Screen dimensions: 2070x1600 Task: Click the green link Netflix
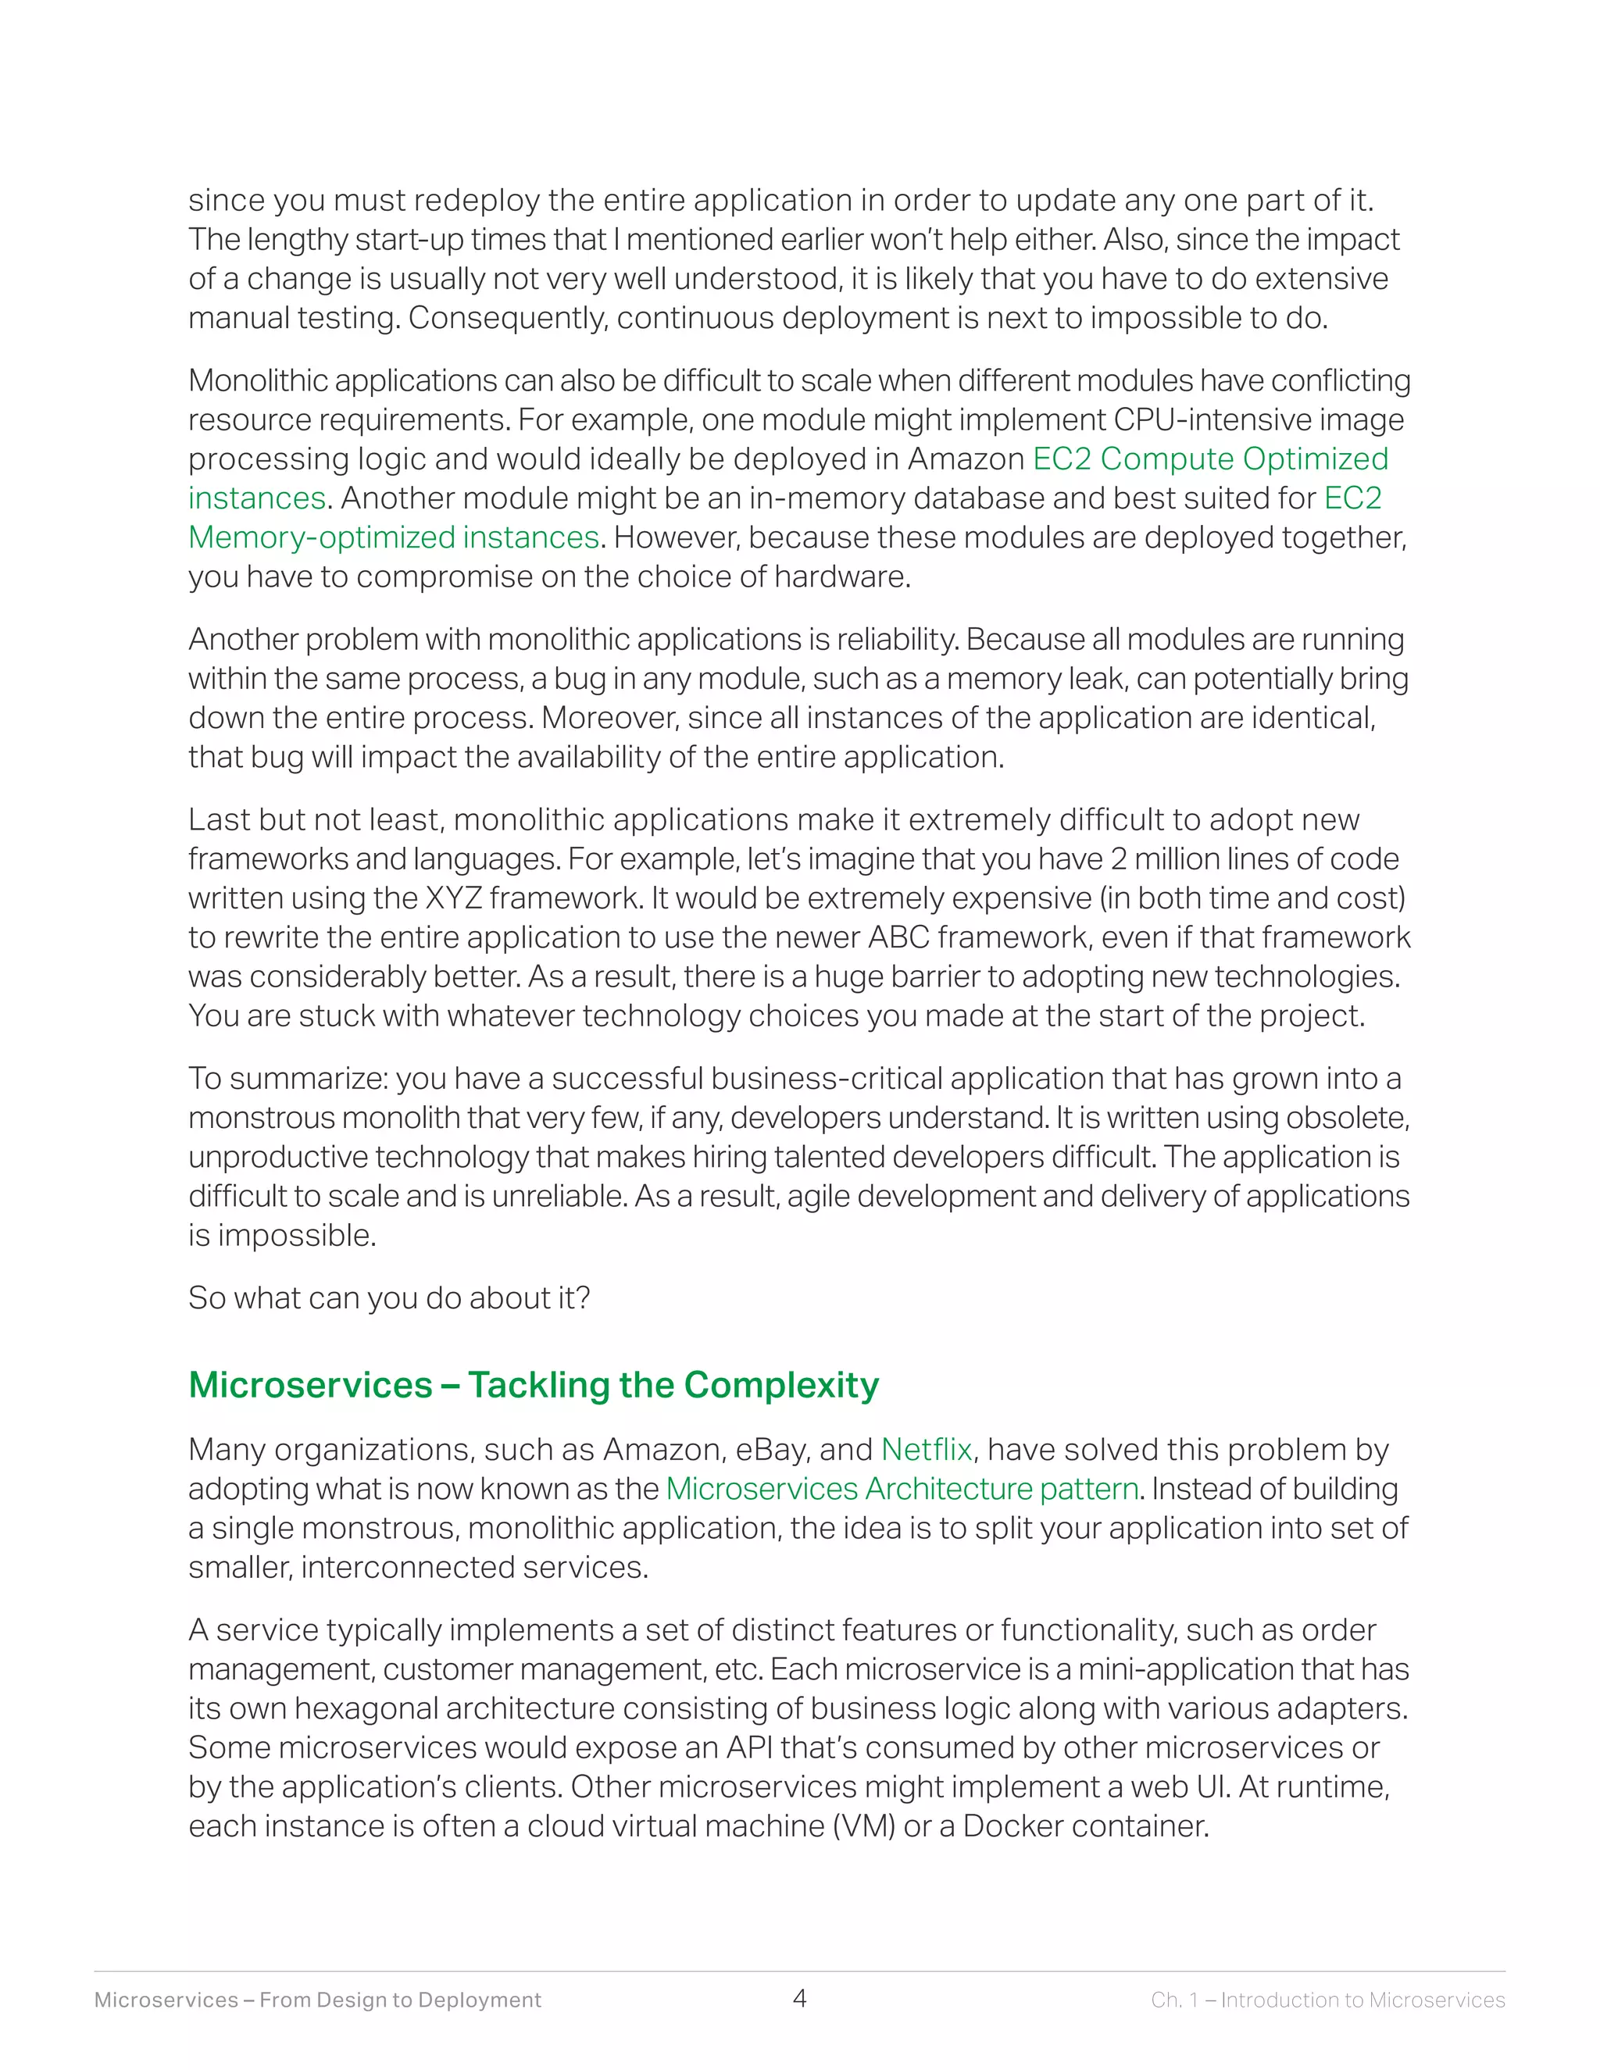(926, 1449)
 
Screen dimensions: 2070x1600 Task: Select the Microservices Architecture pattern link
(902, 1488)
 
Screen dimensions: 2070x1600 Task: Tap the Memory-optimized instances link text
(394, 537)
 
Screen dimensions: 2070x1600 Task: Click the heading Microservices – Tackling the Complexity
(534, 1385)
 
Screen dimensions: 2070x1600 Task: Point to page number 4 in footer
(799, 1999)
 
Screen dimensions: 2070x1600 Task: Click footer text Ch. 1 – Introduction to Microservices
(1327, 2000)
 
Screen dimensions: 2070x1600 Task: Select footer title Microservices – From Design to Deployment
(317, 2000)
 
